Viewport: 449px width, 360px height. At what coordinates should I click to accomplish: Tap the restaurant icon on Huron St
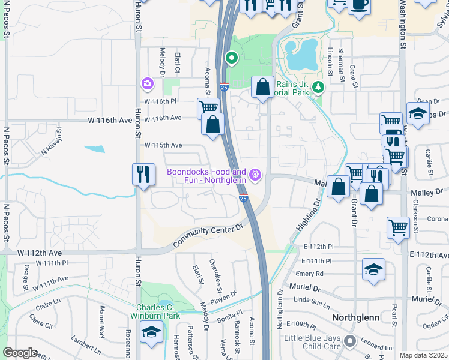[143, 175]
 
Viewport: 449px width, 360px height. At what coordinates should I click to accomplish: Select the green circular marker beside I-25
[231, 58]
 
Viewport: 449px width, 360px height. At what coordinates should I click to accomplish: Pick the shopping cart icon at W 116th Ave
[208, 108]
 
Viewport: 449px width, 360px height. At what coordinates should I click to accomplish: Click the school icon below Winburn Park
[151, 331]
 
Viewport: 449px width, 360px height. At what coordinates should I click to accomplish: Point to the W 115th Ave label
[163, 145]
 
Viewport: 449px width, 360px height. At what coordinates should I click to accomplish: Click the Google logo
[20, 353]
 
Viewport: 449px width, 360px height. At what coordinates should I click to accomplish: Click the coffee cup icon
[359, 5]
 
